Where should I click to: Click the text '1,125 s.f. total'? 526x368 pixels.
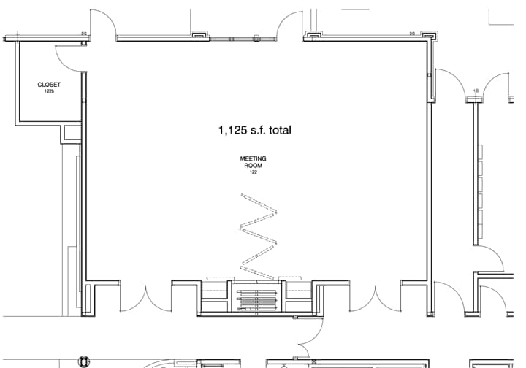point(254,131)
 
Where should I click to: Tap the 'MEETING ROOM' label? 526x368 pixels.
point(254,162)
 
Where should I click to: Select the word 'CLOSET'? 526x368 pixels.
point(49,85)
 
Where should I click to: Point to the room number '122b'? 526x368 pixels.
point(49,91)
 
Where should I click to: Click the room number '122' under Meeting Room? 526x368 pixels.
point(254,172)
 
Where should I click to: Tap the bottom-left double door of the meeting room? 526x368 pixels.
point(146,296)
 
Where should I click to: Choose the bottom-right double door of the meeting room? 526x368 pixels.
point(376,296)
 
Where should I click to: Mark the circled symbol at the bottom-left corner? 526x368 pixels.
point(85,361)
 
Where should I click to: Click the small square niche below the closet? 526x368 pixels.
point(72,133)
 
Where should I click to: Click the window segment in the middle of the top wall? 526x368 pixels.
point(234,37)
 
